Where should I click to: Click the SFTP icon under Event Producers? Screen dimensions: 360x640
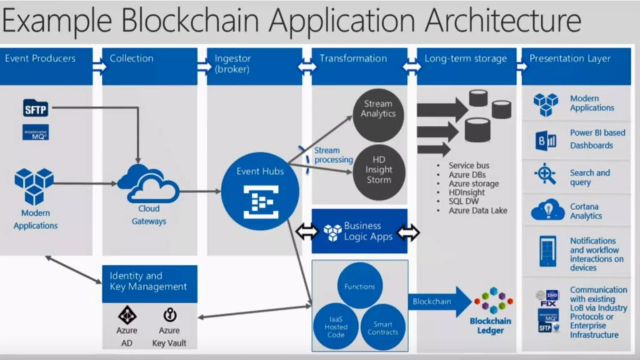[x=36, y=108]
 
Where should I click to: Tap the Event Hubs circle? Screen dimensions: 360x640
[x=260, y=191]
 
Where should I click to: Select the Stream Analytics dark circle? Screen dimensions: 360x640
[x=378, y=115]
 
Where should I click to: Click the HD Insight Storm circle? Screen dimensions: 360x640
[x=379, y=172]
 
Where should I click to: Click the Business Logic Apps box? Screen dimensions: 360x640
[x=359, y=231]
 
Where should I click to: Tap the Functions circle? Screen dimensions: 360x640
[x=360, y=286]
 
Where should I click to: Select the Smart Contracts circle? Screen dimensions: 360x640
[x=383, y=327]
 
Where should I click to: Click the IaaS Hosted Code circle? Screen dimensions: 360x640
[x=336, y=327]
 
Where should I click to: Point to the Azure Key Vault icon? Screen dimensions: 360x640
[x=170, y=315]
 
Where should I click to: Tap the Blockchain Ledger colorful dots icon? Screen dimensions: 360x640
[x=493, y=300]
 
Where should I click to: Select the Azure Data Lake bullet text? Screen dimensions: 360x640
[x=478, y=211]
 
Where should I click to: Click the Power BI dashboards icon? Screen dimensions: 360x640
[x=546, y=141]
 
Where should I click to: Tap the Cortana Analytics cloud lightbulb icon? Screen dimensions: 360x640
[x=548, y=210]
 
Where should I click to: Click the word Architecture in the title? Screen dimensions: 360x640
[x=503, y=20]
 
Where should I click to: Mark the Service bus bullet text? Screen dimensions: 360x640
[x=469, y=165]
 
